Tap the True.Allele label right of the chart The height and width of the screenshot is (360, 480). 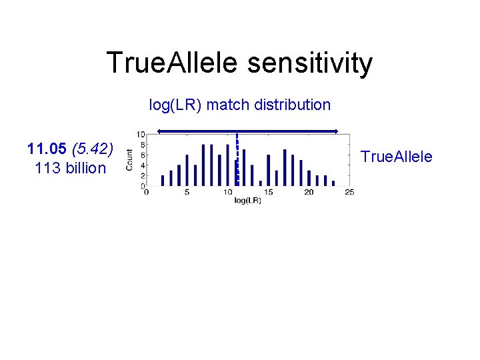[396, 157]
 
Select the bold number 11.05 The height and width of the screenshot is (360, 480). [47, 148]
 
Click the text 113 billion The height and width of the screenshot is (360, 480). [70, 168]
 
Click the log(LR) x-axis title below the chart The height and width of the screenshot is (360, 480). [247, 200]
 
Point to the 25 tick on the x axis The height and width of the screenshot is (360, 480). [349, 193]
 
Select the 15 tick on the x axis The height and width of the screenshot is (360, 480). [268, 193]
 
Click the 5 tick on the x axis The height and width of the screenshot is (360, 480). [187, 193]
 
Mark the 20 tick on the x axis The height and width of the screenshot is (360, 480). [309, 193]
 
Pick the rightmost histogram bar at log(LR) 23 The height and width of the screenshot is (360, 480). [333, 182]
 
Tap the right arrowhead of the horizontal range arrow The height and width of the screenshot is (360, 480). [337, 131]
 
